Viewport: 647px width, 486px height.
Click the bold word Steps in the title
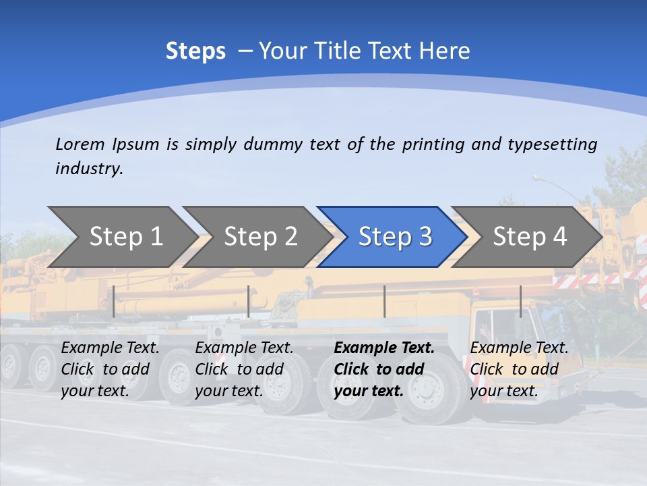coord(195,51)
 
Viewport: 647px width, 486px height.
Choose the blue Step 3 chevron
coord(395,236)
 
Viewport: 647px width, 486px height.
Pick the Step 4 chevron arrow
coord(530,236)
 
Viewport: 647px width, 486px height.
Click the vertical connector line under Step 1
coord(114,301)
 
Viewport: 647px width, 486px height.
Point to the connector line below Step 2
coord(249,301)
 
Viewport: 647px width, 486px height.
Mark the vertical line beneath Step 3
coord(384,301)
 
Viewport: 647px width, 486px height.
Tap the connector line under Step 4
coord(520,301)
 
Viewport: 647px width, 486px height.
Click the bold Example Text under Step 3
coord(384,369)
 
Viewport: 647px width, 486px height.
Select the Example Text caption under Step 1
coord(110,369)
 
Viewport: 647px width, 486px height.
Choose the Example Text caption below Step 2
coord(244,369)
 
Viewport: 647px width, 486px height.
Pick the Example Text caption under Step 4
coord(519,369)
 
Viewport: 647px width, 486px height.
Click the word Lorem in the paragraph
coord(80,144)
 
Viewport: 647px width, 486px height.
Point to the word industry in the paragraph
coord(89,169)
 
